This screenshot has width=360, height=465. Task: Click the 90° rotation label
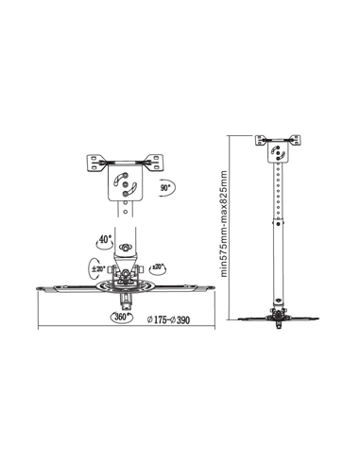(165, 188)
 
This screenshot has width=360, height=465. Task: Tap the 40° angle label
(106, 239)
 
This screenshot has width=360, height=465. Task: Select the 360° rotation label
(121, 317)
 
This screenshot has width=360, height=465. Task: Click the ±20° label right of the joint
(158, 267)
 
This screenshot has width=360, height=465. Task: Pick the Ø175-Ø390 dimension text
(169, 320)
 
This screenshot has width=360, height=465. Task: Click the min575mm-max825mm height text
(224, 224)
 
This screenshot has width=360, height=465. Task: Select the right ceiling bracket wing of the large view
(155, 163)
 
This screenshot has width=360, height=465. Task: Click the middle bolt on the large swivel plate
(126, 183)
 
